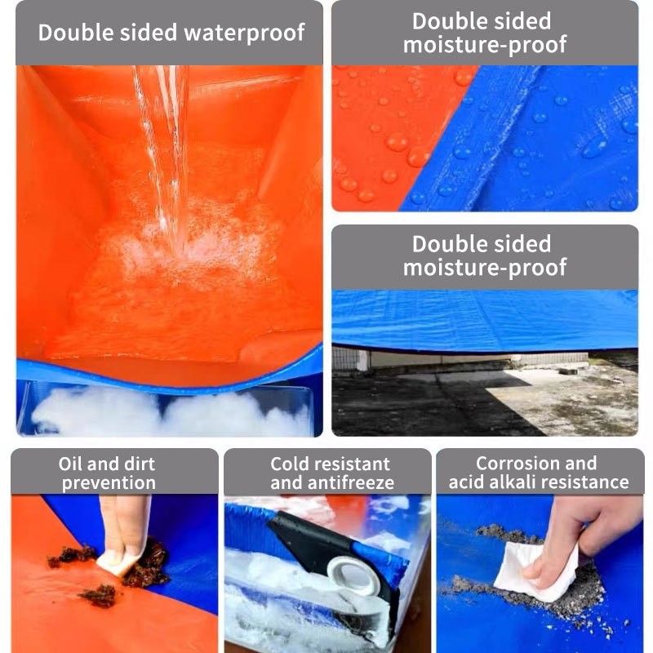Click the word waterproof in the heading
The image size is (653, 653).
[244, 33]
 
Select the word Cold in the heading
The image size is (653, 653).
[289, 464]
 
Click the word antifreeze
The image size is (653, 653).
[351, 482]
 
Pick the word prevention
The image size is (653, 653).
[109, 483]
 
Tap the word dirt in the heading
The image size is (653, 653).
[139, 464]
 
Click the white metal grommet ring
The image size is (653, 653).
[353, 575]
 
